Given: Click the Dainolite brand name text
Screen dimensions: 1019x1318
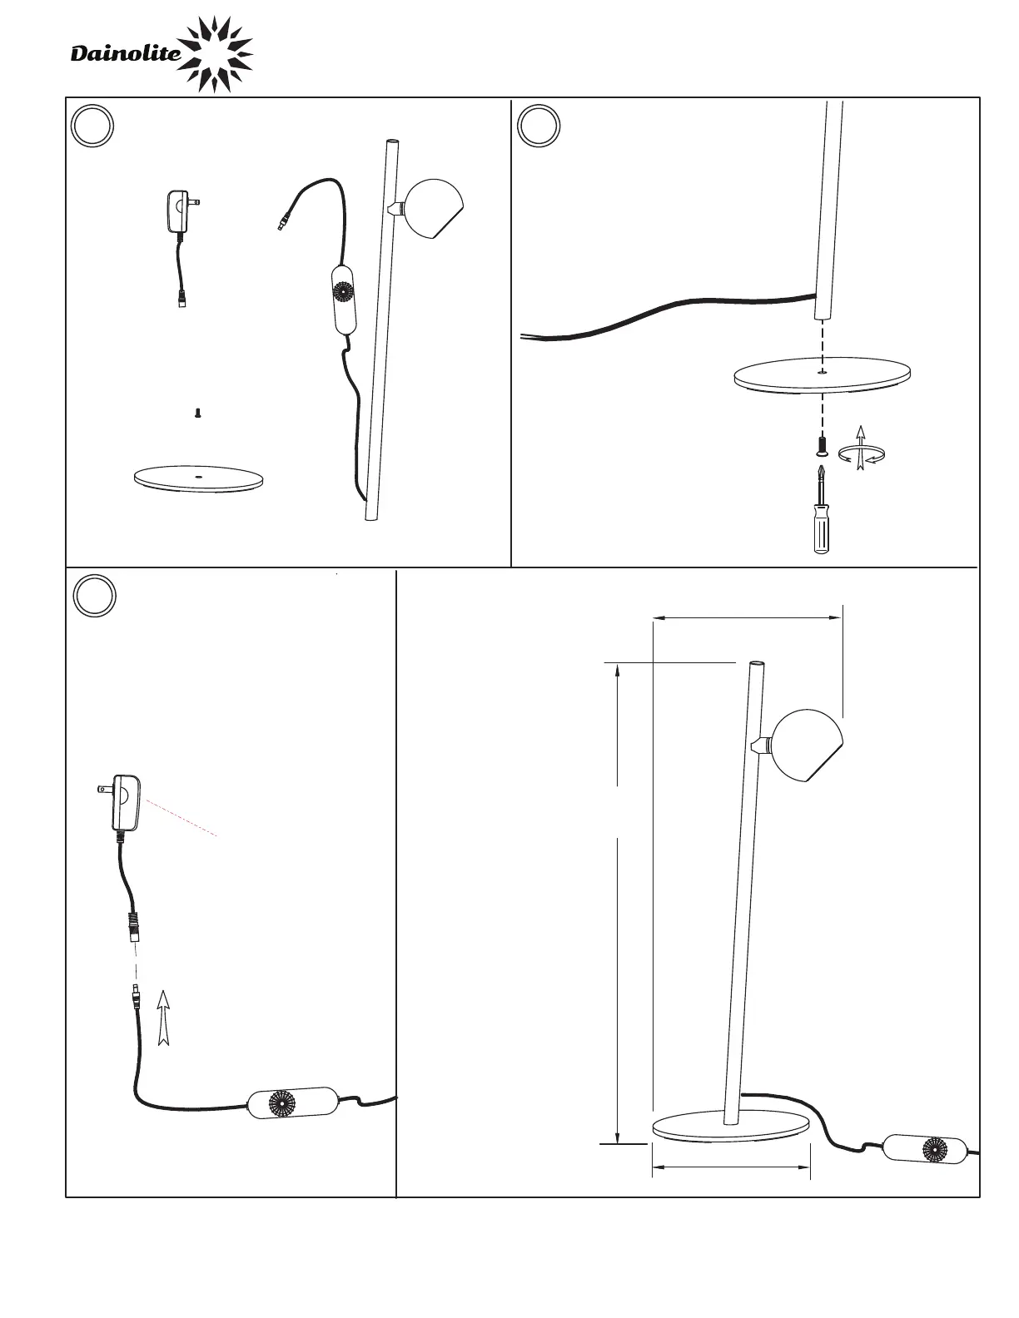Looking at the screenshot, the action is [x=125, y=55].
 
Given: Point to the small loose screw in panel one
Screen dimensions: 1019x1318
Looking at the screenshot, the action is [x=198, y=412].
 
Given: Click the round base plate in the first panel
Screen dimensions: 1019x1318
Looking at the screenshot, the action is [x=198, y=478].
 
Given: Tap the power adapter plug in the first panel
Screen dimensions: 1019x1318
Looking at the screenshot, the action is [x=180, y=211].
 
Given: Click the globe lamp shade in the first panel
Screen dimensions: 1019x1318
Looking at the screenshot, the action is [x=432, y=208].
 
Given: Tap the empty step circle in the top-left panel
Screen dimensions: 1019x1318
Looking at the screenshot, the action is [x=92, y=126].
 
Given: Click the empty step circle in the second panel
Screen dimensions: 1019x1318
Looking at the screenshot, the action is [x=539, y=126].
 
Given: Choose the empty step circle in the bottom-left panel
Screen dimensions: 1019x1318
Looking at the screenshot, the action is [x=93, y=597].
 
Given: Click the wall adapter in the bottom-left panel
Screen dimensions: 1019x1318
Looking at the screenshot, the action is [x=124, y=801].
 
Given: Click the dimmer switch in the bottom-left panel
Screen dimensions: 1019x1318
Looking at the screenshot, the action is [x=293, y=1102].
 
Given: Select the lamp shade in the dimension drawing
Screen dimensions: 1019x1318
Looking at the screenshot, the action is [x=805, y=744].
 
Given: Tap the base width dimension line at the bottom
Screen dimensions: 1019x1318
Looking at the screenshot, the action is [x=731, y=1167].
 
